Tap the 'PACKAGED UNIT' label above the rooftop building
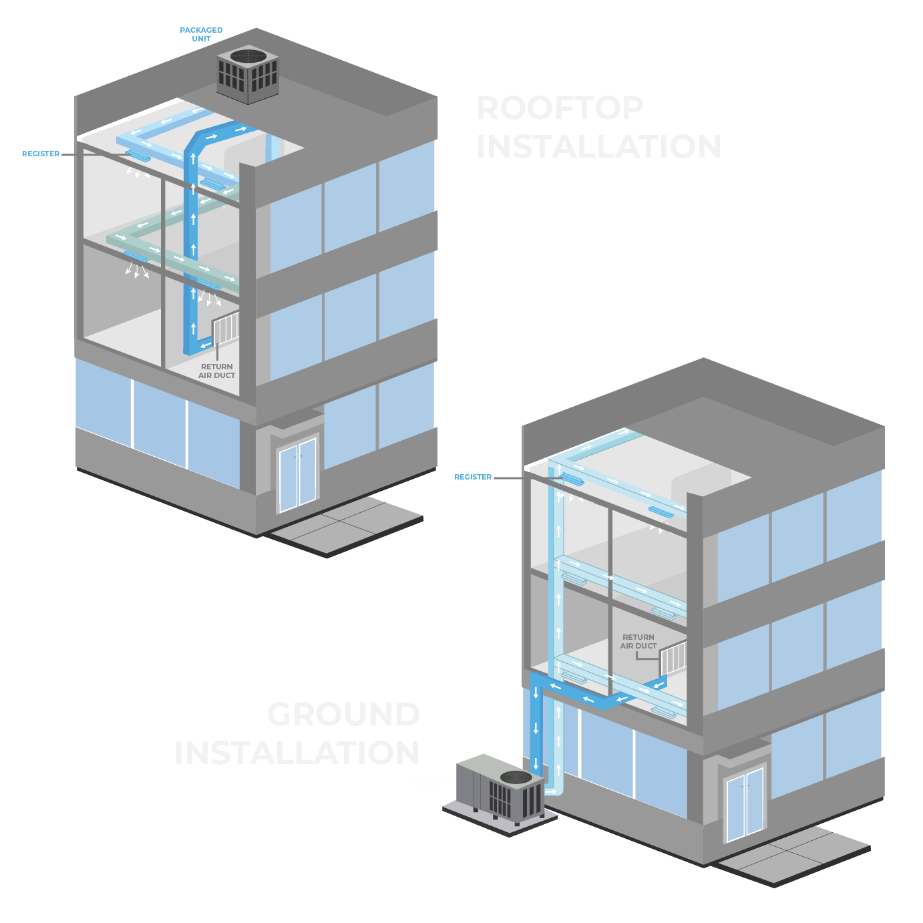201,34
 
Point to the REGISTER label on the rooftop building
41,154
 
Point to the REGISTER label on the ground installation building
473,477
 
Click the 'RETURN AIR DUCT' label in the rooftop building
217,371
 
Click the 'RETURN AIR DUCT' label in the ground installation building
638,641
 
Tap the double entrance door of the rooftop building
298,473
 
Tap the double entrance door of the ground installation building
744,804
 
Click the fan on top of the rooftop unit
248,55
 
